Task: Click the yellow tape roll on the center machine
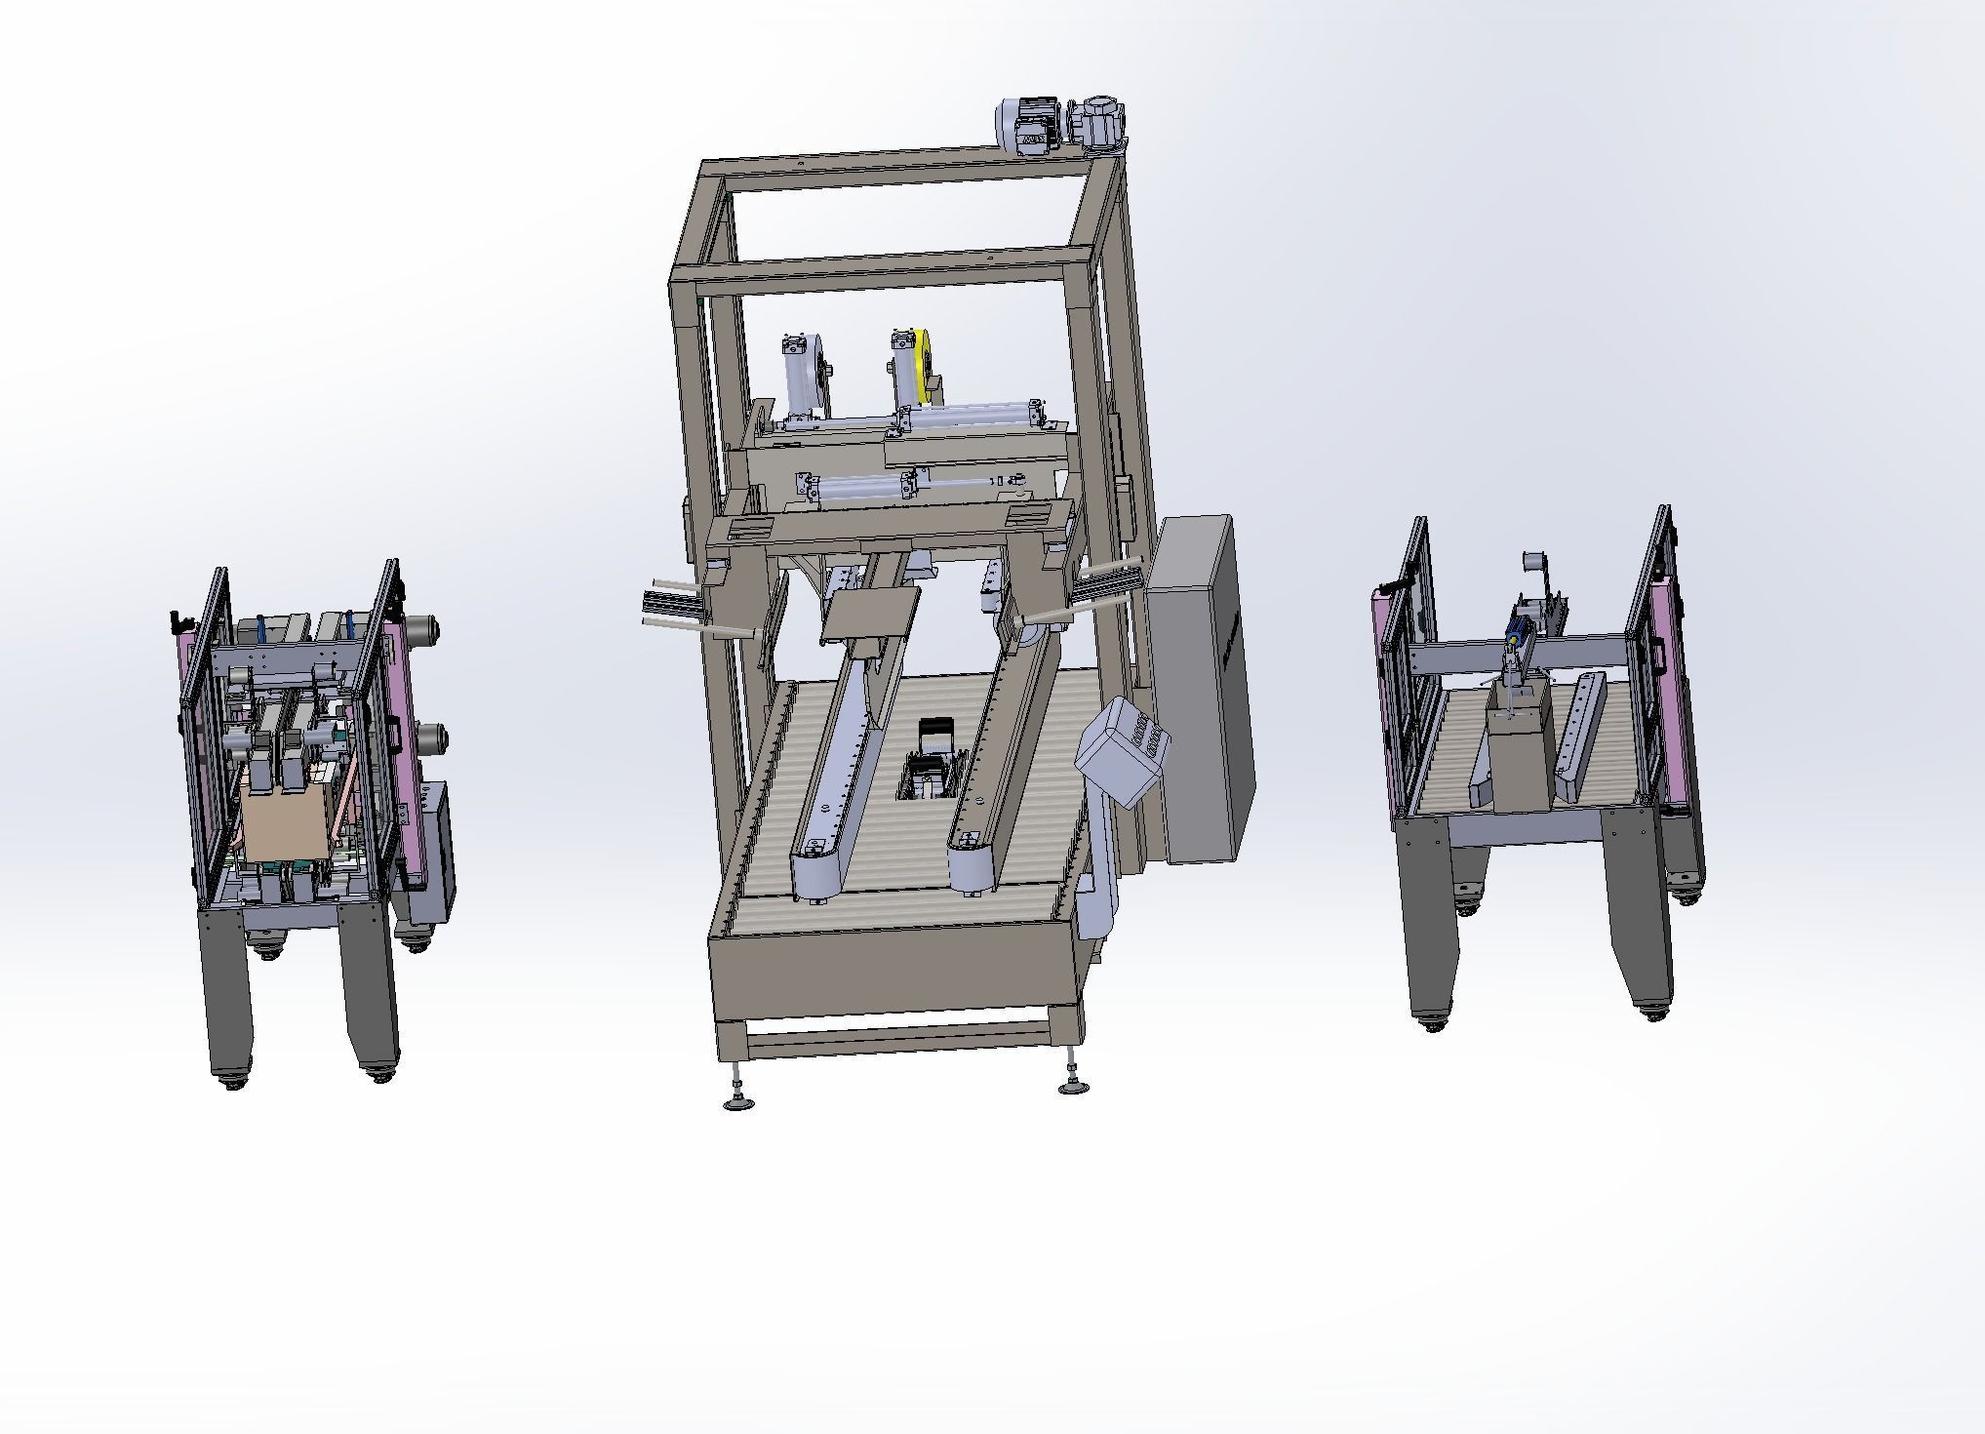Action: pos(923,367)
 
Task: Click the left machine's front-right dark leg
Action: pos(370,985)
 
